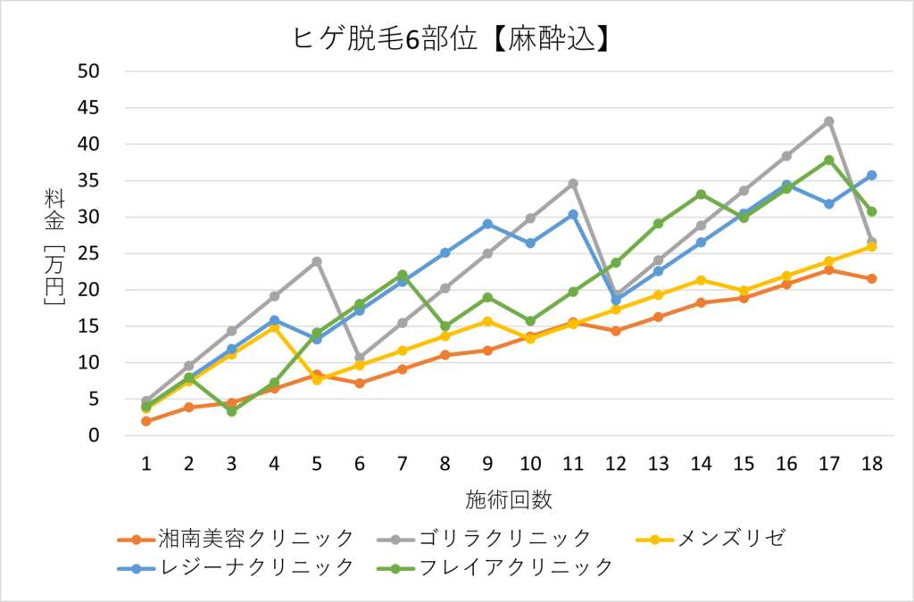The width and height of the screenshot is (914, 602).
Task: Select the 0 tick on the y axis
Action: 94,436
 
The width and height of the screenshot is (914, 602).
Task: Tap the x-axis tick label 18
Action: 872,464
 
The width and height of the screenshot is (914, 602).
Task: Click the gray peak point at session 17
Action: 829,121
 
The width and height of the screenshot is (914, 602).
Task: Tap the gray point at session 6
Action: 360,358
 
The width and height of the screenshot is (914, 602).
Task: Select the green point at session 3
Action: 231,411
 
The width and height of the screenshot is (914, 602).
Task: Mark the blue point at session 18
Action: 872,176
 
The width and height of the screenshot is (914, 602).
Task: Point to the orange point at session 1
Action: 145,421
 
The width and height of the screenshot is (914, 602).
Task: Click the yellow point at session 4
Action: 274,328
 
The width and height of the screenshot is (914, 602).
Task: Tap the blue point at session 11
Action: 573,214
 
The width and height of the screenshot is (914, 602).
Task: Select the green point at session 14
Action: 702,194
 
